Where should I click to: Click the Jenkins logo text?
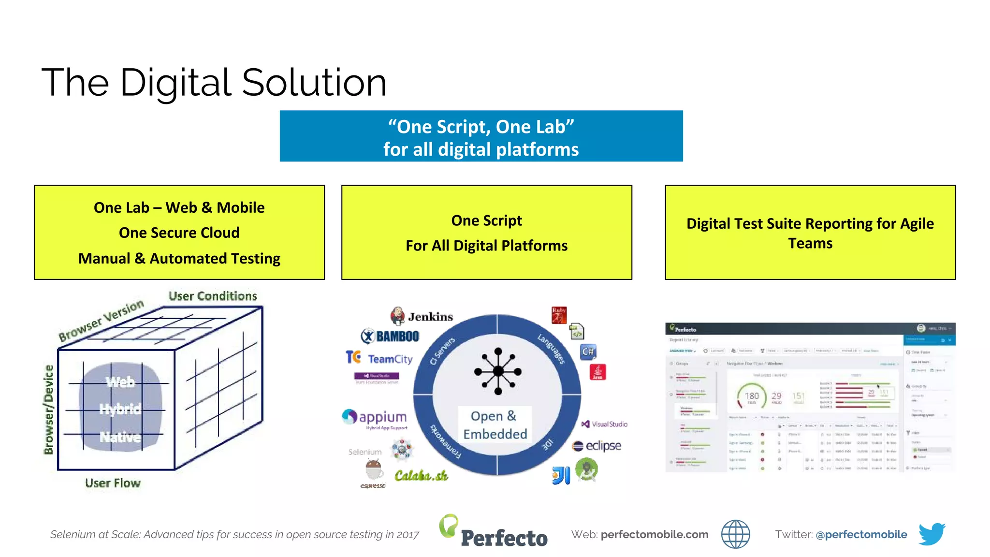[430, 317]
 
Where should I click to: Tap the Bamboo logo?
[390, 336]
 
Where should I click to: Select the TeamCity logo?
[379, 358]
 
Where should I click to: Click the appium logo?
[375, 417]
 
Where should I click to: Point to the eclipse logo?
[597, 446]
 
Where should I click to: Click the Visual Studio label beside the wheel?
[605, 424]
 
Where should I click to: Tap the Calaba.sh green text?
[421, 476]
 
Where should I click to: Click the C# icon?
[588, 352]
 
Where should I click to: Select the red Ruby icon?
[559, 315]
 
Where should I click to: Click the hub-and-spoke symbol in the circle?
[498, 371]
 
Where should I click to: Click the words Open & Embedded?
[495, 425]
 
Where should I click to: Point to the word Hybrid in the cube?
[120, 409]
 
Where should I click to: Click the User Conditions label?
[213, 296]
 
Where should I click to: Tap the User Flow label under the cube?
[113, 483]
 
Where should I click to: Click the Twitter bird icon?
[932, 534]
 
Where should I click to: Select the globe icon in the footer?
[735, 534]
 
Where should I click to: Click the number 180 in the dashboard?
[752, 396]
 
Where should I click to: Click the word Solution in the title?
[314, 83]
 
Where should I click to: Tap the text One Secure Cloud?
[179, 233]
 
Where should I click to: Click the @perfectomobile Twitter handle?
[861, 534]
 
